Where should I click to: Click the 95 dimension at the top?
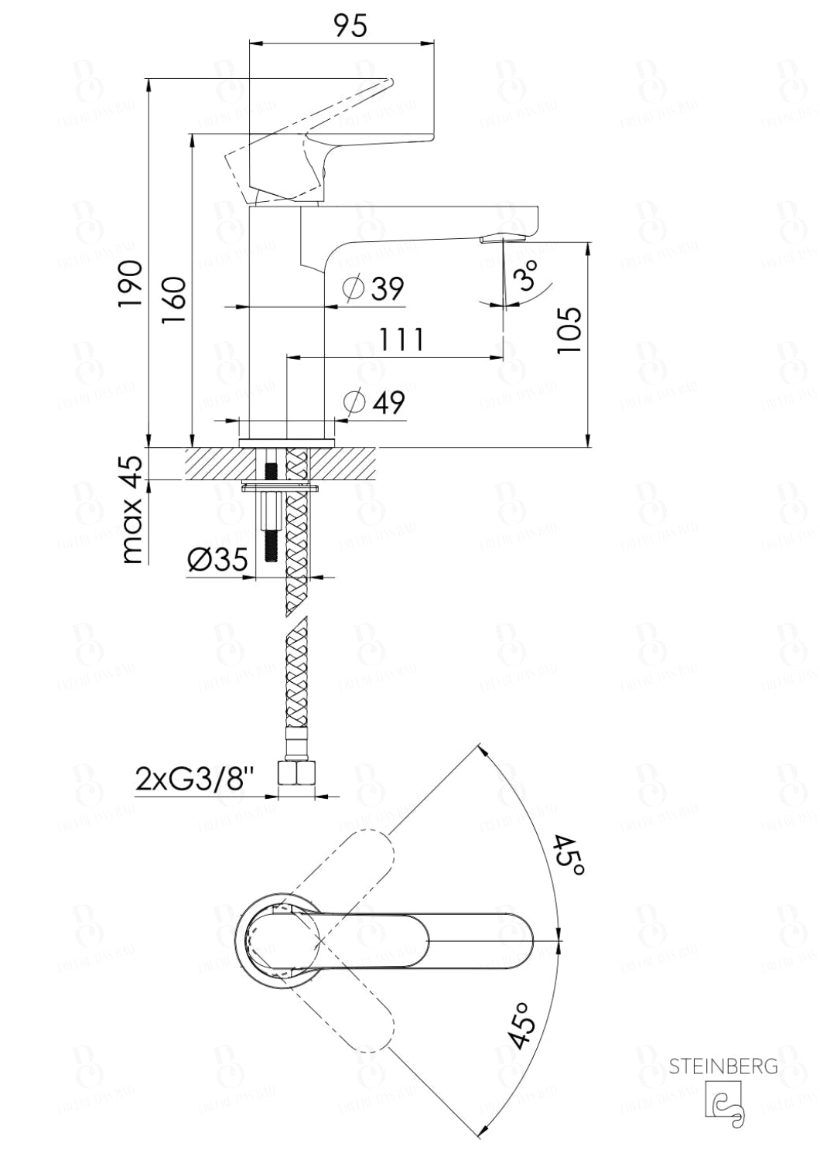350,26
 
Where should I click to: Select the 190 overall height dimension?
131,283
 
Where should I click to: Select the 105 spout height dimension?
569,330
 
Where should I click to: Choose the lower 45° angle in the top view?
523,1025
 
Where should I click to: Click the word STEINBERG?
723,1067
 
